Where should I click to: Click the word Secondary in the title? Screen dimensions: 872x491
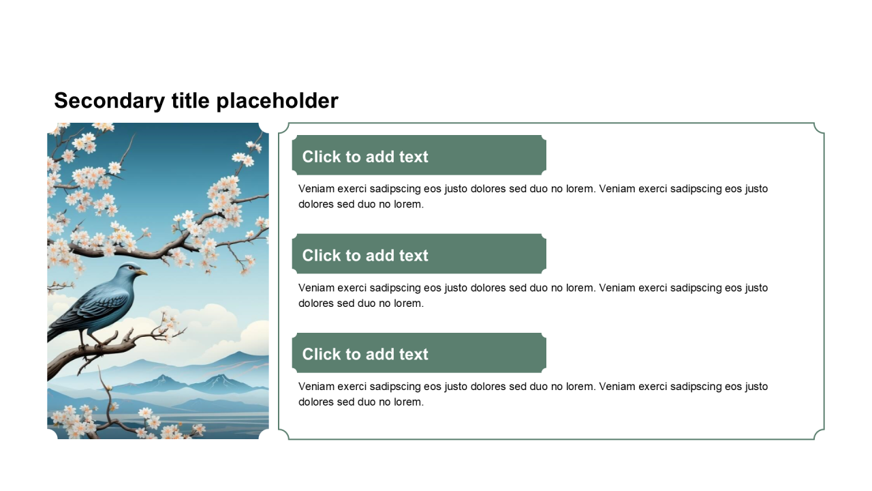pos(110,101)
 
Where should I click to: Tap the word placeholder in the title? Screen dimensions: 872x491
pos(277,101)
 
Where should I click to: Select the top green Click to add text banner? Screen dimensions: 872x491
pos(419,155)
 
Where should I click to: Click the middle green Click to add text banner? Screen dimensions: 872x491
pos(419,254)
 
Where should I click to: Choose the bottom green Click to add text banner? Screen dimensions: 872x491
pos(419,353)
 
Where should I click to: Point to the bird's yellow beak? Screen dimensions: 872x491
pos(142,272)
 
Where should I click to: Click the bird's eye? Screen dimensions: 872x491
pos(131,268)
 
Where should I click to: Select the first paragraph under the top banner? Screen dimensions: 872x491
pos(533,196)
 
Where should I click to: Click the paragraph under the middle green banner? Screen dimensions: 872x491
pos(533,295)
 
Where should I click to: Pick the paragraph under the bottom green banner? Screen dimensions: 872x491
pos(533,394)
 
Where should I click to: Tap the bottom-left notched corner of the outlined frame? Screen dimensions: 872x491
pos(284,434)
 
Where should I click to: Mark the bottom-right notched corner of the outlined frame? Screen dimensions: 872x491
pos(819,434)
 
